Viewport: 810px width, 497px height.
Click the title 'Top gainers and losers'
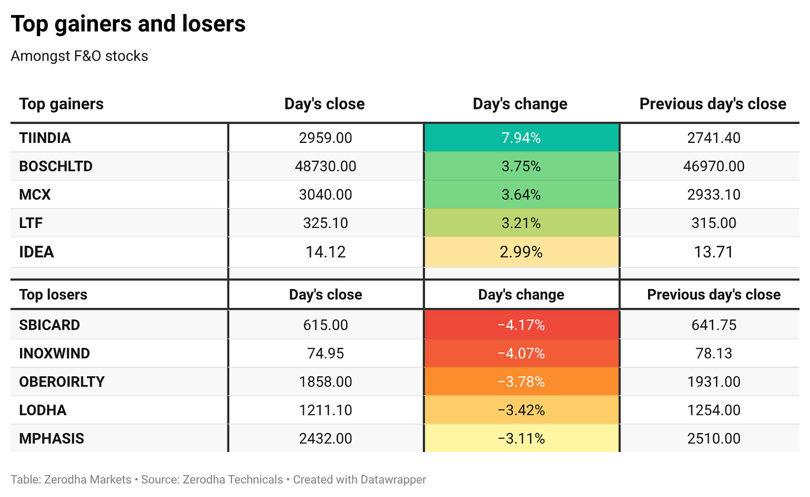pos(128,24)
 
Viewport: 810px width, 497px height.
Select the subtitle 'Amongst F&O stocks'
pos(79,56)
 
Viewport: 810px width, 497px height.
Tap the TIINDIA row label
pos(45,138)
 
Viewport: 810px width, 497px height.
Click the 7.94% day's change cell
pos(521,138)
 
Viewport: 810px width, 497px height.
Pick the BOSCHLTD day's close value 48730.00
pos(325,166)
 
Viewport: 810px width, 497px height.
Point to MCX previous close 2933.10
pos(714,195)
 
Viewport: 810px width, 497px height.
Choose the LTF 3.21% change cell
pos(521,223)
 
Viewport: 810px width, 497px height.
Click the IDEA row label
pos(37,252)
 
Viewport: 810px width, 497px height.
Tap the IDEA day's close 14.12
pos(325,252)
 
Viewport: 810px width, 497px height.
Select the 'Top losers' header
pos(53,295)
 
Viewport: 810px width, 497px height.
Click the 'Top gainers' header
pos(61,104)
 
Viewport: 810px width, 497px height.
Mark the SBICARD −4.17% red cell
pos(521,325)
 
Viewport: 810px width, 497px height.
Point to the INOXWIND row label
pos(55,354)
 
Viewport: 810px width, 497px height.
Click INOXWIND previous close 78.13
pos(714,354)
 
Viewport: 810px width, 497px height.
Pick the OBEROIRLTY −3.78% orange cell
pos(521,382)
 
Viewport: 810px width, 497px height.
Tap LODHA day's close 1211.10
pos(325,410)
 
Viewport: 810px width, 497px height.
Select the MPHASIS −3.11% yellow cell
pos(521,438)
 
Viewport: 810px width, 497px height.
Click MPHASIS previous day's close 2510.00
pos(714,439)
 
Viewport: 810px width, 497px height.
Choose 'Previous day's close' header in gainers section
pos(713,104)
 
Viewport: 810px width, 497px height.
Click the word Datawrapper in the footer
pos(393,480)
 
